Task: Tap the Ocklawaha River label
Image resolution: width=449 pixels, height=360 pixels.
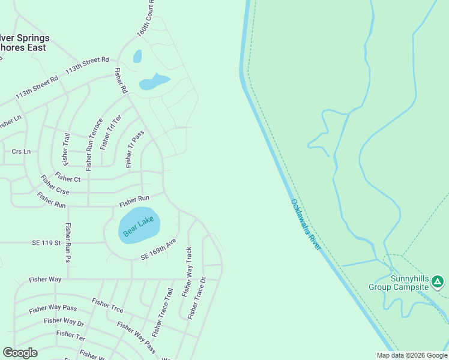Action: click(x=306, y=225)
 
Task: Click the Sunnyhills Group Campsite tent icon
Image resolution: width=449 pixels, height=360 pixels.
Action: click(x=438, y=281)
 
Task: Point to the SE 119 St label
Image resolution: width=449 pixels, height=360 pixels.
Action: click(x=47, y=243)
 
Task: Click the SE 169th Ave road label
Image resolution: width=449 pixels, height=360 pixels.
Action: click(x=158, y=249)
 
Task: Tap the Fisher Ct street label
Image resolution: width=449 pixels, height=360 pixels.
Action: click(x=68, y=178)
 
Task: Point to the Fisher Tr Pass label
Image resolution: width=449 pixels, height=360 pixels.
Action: click(x=134, y=149)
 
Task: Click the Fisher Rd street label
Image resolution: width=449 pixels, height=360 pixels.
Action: click(x=121, y=79)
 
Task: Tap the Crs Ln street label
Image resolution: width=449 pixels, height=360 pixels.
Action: click(x=21, y=151)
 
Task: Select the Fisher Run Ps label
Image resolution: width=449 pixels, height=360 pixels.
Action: click(x=68, y=243)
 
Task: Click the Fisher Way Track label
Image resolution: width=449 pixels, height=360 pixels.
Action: click(x=187, y=272)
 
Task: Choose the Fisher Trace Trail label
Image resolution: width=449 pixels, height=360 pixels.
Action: click(x=162, y=312)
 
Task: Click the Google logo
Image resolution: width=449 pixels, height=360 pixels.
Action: click(x=20, y=353)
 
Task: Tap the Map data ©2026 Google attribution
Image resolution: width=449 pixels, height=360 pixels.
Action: click(x=412, y=355)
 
